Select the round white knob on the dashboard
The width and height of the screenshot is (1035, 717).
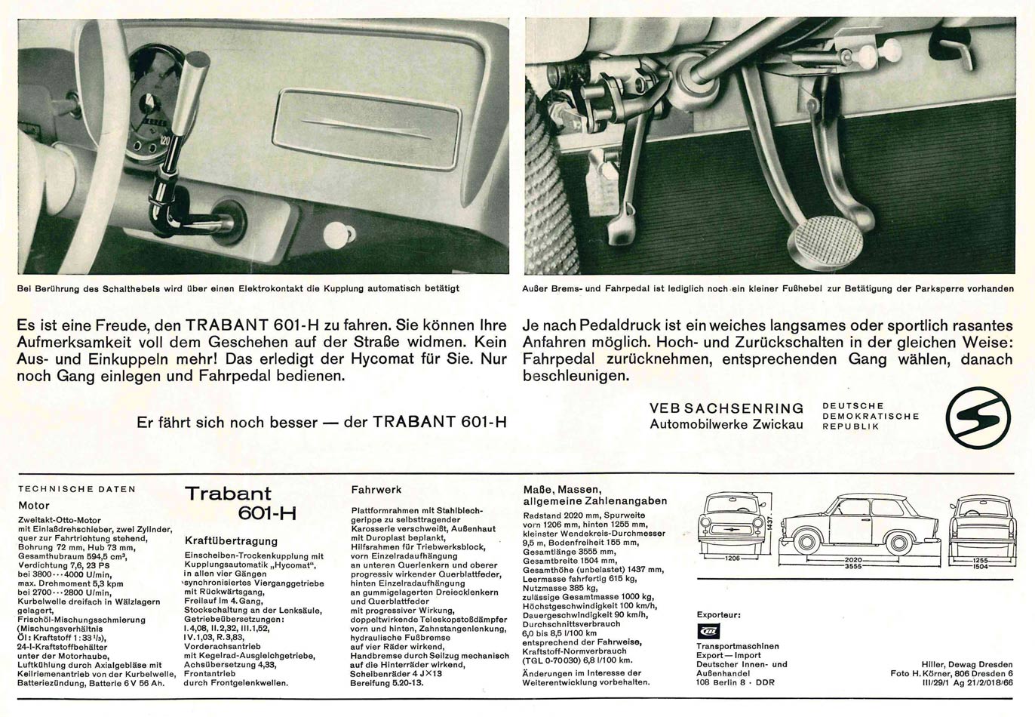pos(334,235)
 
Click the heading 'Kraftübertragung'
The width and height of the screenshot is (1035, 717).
pos(231,541)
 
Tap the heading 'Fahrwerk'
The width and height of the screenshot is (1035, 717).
pos(376,489)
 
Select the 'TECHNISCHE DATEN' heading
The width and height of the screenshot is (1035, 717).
pos(77,489)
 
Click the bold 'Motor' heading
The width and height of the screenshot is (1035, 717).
pos(34,506)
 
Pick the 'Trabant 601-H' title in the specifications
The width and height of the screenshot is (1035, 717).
pos(239,503)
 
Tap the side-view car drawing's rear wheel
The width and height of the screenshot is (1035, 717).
pos(899,543)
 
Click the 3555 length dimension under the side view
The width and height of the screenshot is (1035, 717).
pos(853,566)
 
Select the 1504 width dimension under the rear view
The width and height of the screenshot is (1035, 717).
pos(980,566)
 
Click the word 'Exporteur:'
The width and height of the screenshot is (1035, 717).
pos(719,614)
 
